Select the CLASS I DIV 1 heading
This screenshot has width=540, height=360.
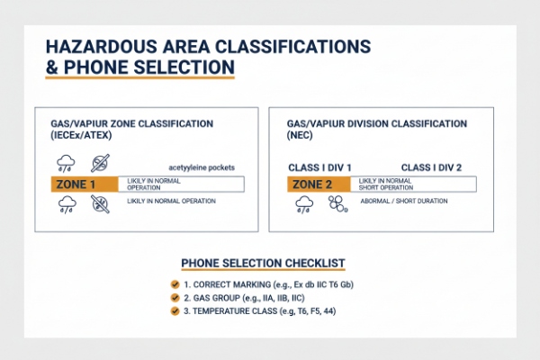tap(319, 167)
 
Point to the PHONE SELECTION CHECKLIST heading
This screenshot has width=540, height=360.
tap(263, 263)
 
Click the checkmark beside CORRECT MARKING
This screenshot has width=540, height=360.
tap(175, 283)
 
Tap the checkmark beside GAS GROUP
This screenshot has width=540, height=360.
tap(175, 297)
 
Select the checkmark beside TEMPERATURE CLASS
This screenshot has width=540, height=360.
tap(175, 311)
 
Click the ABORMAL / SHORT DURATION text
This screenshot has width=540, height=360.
tap(402, 202)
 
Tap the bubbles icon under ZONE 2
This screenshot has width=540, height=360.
tap(338, 205)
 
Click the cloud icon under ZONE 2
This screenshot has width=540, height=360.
tap(305, 204)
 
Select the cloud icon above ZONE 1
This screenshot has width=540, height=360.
tap(67, 162)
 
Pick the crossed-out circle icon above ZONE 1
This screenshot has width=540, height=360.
tap(99, 162)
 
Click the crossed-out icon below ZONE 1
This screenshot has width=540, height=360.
tap(99, 204)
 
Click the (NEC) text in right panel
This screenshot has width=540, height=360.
tap(301, 133)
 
